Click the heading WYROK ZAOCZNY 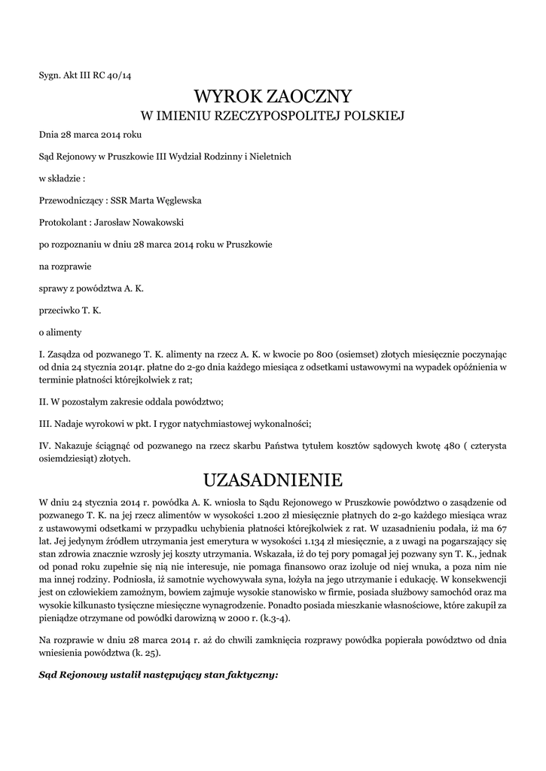[x=273, y=96]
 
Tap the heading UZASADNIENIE [x=273, y=480]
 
